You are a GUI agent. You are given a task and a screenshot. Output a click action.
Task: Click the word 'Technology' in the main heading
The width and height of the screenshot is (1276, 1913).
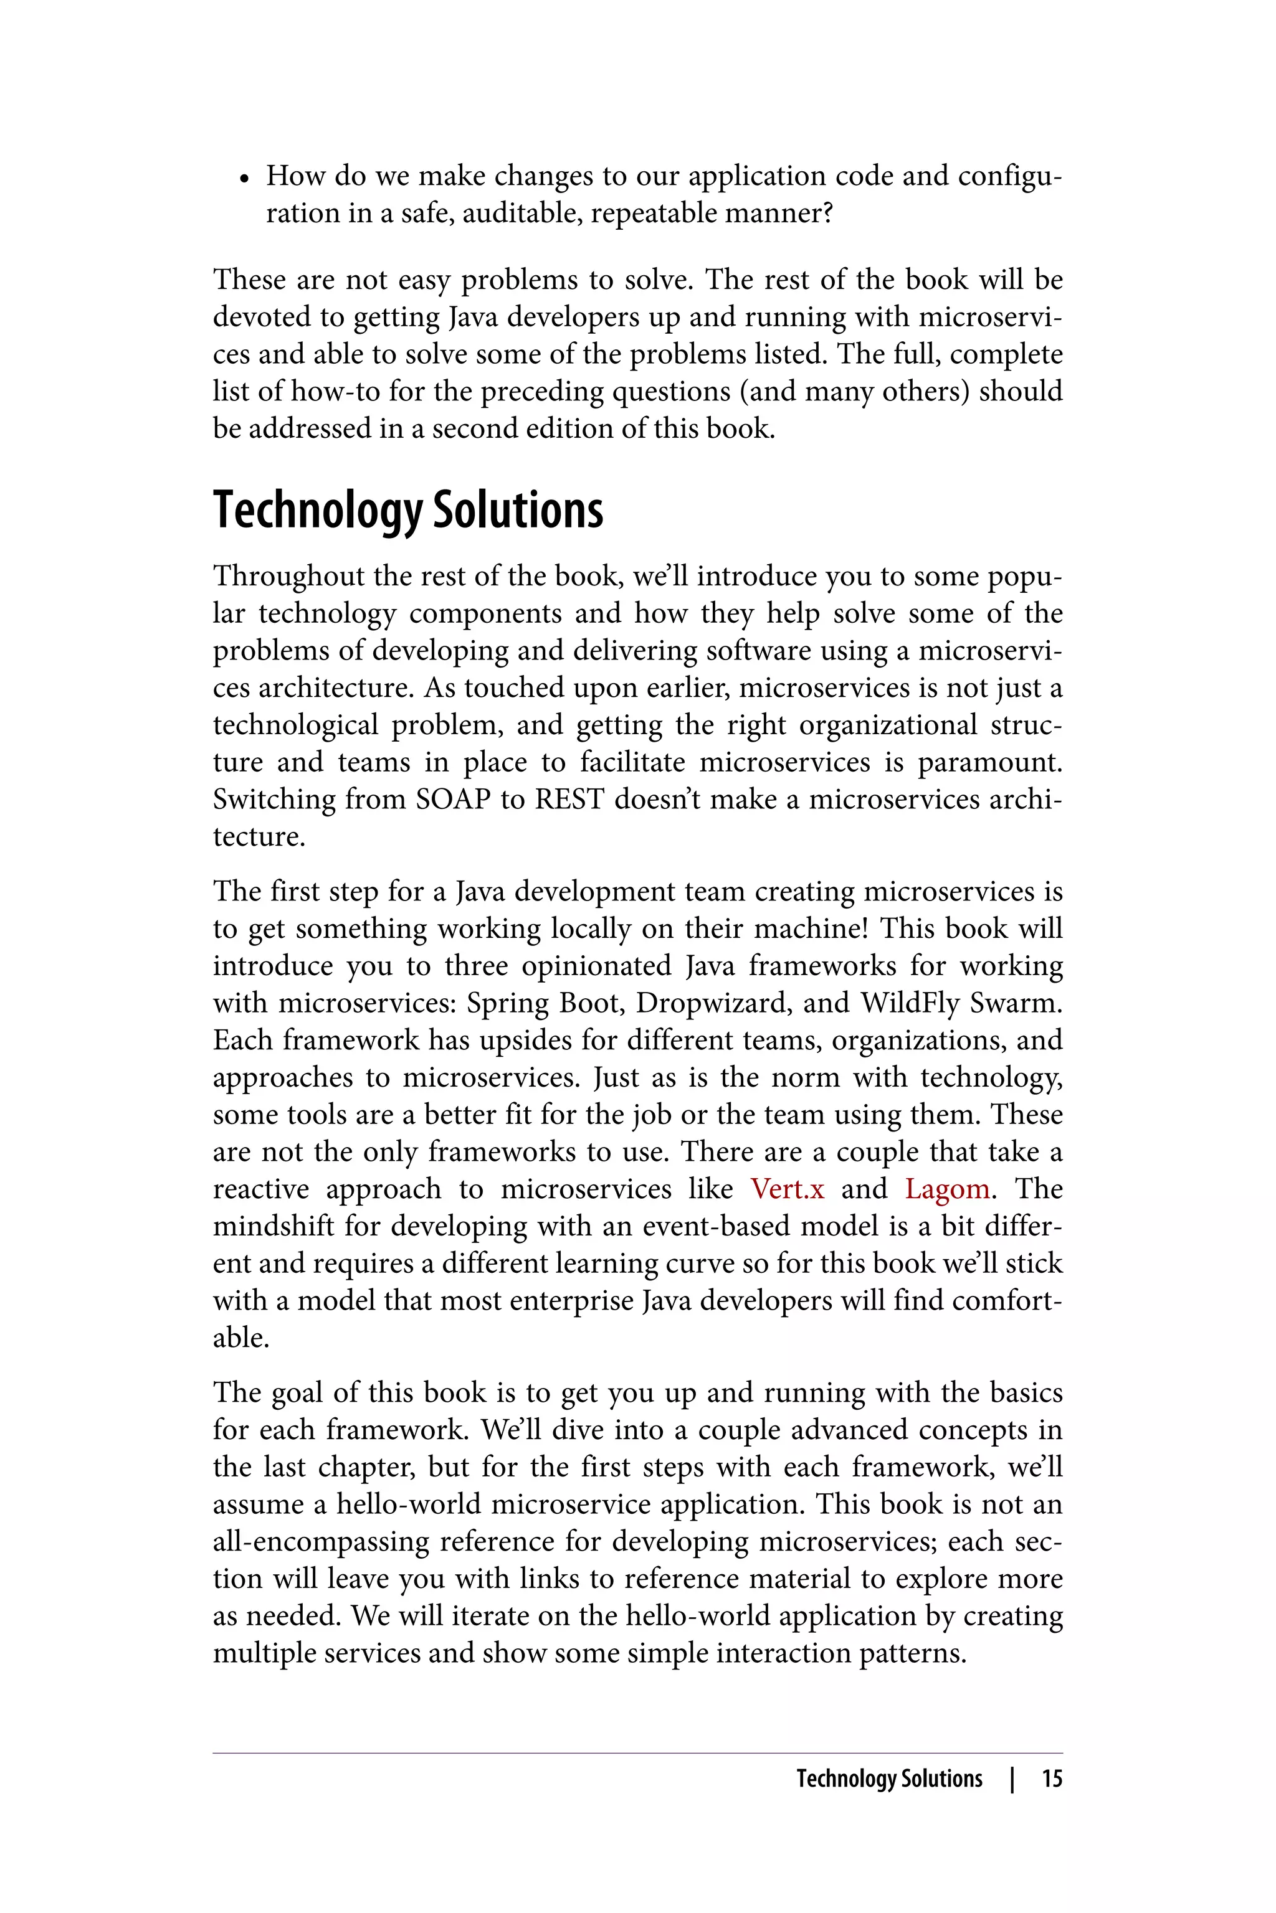[317, 511]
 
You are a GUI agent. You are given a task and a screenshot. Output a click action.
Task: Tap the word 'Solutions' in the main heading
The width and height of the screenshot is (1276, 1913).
[518, 511]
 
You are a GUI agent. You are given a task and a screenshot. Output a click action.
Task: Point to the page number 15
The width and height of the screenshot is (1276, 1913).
[1052, 1778]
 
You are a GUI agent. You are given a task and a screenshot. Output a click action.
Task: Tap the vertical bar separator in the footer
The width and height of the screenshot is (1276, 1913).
[1012, 1778]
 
